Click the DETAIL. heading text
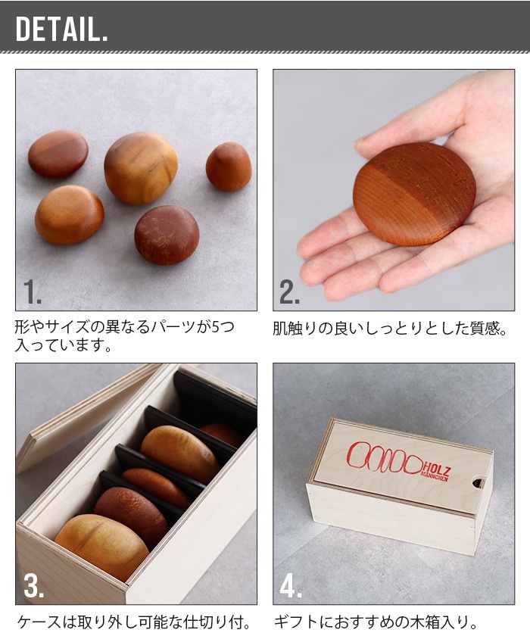click(x=61, y=29)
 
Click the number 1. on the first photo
click(x=32, y=291)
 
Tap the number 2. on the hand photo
click(x=289, y=291)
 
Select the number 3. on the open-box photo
click(x=33, y=585)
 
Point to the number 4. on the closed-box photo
click(x=291, y=585)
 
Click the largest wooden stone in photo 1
click(x=141, y=167)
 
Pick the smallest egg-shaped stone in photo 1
click(x=229, y=167)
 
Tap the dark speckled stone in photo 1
click(x=167, y=235)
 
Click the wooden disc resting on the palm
click(x=414, y=194)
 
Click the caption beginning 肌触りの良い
click(x=390, y=329)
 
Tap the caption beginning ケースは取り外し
click(x=134, y=622)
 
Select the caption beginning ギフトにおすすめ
click(x=376, y=622)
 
